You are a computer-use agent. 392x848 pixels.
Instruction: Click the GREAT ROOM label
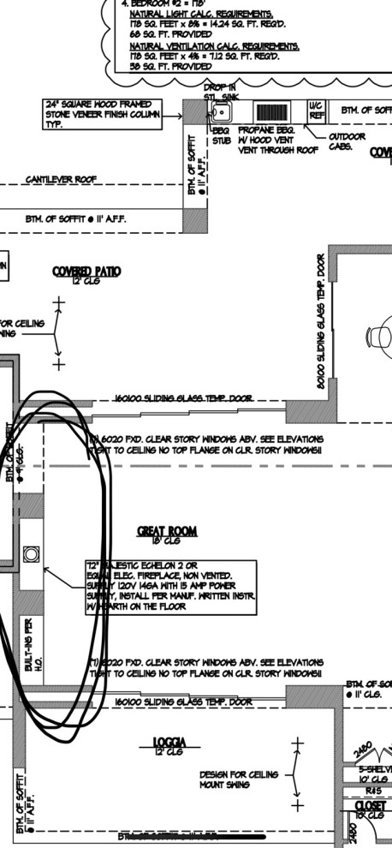point(167,532)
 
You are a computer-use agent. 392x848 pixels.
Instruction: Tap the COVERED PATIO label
point(86,272)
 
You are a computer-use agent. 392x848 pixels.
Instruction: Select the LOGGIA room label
point(170,741)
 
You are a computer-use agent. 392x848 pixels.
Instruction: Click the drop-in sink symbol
point(221,112)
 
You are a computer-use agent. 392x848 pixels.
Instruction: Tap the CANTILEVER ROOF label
point(61,180)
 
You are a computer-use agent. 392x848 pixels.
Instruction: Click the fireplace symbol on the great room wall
point(32,554)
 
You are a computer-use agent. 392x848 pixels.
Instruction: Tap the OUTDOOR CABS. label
point(347,140)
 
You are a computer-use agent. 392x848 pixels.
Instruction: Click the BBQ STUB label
point(222,135)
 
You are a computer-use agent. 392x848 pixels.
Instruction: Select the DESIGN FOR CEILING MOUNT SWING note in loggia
point(238,779)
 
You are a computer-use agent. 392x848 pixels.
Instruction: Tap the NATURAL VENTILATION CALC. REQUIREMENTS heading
point(214,45)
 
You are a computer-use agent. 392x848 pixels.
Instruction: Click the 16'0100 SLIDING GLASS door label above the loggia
point(183,702)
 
